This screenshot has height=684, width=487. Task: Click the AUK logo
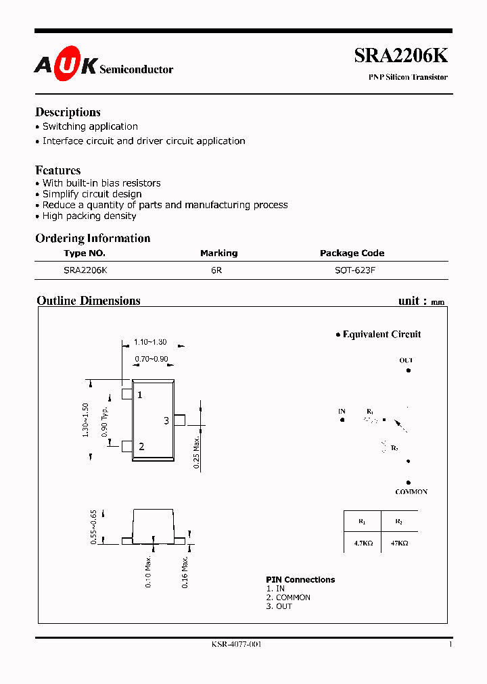(x=66, y=65)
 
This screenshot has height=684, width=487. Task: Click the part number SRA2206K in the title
(x=400, y=57)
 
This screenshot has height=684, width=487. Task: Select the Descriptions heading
(x=68, y=112)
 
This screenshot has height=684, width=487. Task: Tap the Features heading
(x=58, y=170)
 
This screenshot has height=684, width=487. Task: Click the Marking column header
(x=218, y=253)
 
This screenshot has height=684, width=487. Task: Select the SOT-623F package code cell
(x=352, y=270)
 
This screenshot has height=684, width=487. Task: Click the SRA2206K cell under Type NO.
(x=85, y=270)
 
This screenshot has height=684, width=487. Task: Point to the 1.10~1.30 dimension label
(x=150, y=343)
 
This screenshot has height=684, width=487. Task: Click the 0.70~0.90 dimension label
(x=152, y=359)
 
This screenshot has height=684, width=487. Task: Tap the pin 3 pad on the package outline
(x=179, y=420)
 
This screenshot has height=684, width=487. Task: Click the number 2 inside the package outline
(x=141, y=446)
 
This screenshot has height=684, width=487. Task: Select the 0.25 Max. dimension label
(x=196, y=453)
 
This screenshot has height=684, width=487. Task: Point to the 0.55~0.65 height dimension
(x=94, y=527)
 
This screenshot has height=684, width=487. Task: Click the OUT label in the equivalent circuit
(x=406, y=361)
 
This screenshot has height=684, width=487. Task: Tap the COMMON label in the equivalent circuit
(x=411, y=492)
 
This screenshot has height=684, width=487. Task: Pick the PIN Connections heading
(x=300, y=580)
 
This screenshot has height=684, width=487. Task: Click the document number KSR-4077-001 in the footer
(x=236, y=644)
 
